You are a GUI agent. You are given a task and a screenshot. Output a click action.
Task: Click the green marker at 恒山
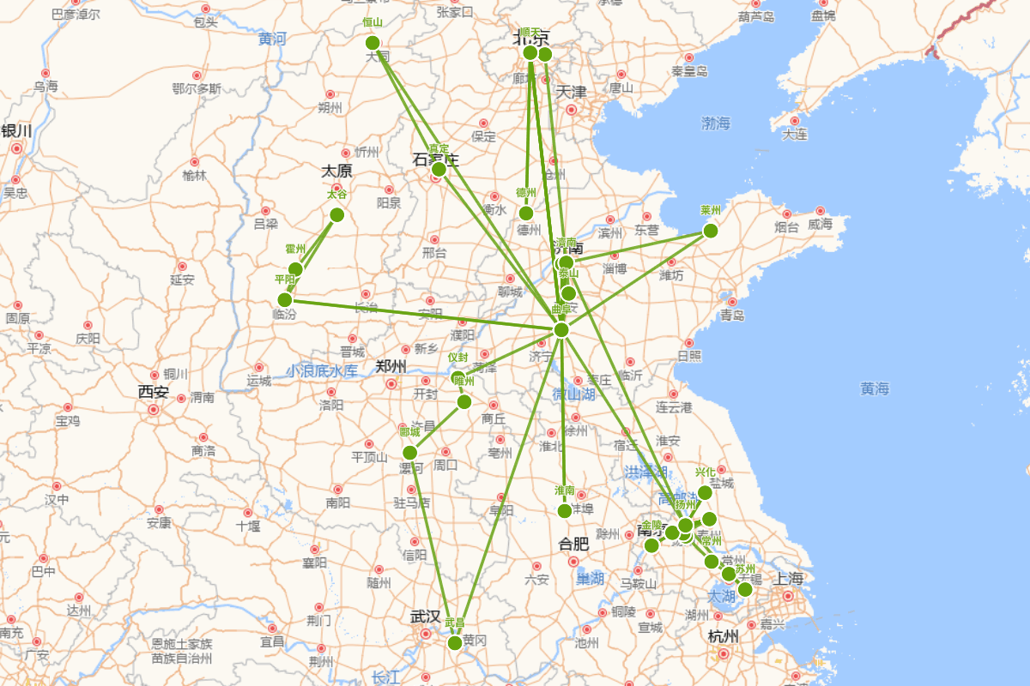373,43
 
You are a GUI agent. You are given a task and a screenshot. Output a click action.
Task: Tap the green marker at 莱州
710,231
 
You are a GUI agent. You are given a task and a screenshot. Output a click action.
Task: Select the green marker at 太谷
336,214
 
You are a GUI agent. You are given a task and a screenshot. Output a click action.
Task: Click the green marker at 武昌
455,642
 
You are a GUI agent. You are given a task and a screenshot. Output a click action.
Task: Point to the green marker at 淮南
564,511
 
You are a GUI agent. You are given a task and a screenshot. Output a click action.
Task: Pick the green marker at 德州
526,213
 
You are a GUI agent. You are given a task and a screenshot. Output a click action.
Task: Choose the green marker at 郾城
409,453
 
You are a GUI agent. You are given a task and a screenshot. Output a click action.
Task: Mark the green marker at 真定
439,169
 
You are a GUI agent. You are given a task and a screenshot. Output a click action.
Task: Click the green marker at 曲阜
561,330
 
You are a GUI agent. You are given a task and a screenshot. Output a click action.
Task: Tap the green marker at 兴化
705,492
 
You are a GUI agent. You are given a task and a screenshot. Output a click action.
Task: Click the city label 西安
154,392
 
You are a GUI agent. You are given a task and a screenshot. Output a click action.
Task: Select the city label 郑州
391,366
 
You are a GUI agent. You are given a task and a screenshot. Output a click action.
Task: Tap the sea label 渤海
715,123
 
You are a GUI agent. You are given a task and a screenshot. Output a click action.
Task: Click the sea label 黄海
875,388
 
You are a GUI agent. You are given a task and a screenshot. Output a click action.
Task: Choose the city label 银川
16,131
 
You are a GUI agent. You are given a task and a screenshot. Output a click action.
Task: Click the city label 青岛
732,315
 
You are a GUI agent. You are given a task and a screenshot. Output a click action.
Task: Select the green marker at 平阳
285,299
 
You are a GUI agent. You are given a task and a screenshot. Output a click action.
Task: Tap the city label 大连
794,134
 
